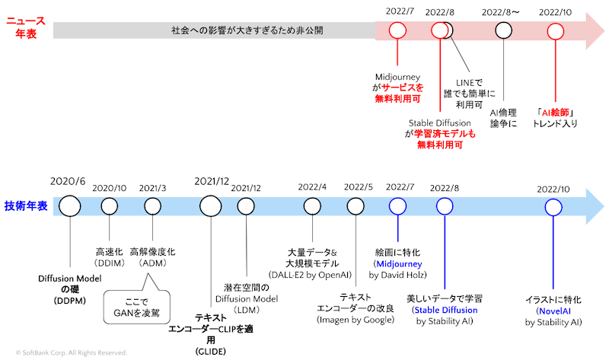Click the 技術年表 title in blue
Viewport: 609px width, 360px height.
[x=26, y=205]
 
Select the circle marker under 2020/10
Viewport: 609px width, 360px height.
[x=110, y=206]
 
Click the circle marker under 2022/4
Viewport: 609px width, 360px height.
[x=312, y=206]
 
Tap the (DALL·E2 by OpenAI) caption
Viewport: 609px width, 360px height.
[x=308, y=272]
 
